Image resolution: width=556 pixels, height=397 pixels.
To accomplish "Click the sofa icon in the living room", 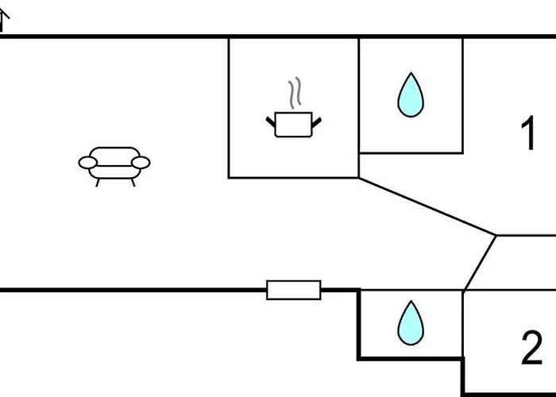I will click(114, 163).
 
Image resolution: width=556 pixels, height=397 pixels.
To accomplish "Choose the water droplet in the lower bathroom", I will click(411, 321).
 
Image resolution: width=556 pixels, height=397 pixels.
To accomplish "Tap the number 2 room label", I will click(531, 348).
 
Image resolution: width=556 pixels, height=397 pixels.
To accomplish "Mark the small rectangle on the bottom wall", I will click(294, 290).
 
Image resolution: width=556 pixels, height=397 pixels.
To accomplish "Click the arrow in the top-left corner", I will click(4, 20).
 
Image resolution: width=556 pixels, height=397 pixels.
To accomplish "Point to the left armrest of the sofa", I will click(87, 163).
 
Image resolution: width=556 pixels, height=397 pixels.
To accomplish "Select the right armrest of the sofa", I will click(141, 163).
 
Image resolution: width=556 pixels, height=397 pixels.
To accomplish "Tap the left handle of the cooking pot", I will click(270, 121).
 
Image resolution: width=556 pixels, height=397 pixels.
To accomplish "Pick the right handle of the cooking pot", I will click(318, 121).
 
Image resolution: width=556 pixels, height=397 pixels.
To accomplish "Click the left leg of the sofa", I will click(98, 182).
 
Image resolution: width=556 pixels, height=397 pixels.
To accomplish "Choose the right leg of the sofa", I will click(133, 182).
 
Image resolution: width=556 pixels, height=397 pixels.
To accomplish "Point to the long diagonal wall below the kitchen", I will click(427, 206).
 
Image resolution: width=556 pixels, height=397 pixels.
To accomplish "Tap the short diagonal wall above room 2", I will click(480, 263).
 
